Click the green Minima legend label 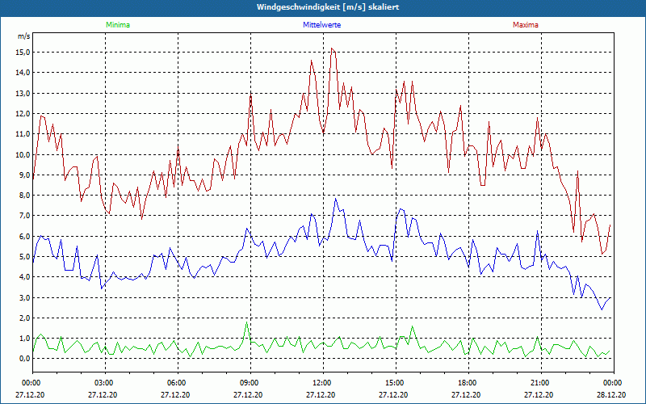[x=117, y=25]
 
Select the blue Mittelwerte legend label [x=322, y=25]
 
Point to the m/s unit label [x=23, y=36]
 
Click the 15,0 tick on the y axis [x=23, y=53]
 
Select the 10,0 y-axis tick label [x=23, y=154]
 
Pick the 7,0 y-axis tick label [x=23, y=216]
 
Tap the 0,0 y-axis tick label [x=23, y=359]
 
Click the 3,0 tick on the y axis [x=23, y=297]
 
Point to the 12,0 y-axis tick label [x=23, y=114]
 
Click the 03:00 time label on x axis [x=104, y=382]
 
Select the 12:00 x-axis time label [x=322, y=382]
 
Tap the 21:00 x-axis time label [x=540, y=382]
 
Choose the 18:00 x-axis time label [x=468, y=382]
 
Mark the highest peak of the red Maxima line [x=331, y=48]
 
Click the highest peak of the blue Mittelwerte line [x=336, y=199]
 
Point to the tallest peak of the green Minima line [x=247, y=323]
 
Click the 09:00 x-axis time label [x=250, y=382]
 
